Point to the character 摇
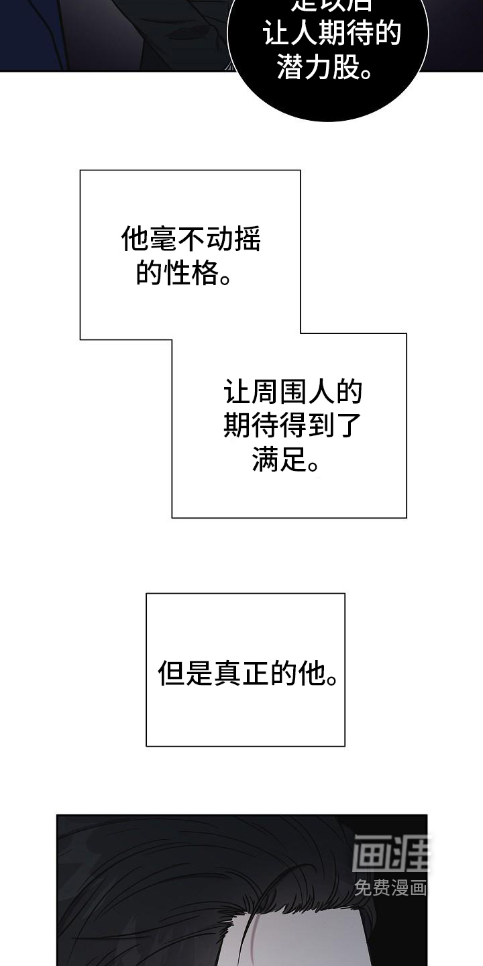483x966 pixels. (x=247, y=239)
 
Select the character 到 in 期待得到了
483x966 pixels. (x=320, y=425)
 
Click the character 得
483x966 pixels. (x=292, y=425)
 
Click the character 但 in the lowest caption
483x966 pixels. (x=171, y=672)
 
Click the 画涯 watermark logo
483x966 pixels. (x=390, y=854)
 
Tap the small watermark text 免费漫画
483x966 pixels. (x=390, y=889)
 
